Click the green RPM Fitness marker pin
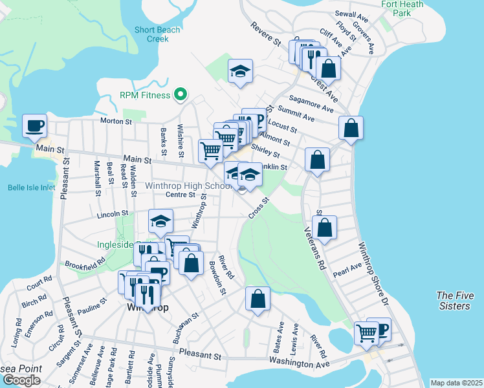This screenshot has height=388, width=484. click(182, 95)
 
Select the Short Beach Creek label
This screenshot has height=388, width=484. click(152, 34)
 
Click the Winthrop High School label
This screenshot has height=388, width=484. click(188, 186)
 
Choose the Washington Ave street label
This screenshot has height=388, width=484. click(300, 364)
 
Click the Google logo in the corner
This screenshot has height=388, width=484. click(21, 380)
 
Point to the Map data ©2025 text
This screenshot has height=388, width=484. click(456, 383)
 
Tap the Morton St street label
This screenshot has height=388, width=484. click(116, 121)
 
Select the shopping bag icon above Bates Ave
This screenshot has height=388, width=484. click(258, 299)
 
